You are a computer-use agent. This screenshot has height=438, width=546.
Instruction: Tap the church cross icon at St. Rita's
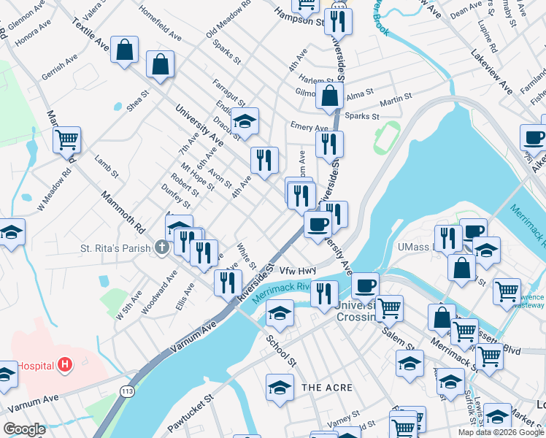coord(162,248)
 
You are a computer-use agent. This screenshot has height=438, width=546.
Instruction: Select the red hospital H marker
coord(65,364)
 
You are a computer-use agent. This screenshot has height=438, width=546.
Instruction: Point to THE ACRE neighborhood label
coord(327,388)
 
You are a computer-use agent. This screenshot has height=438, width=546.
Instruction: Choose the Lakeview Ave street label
coord(492,72)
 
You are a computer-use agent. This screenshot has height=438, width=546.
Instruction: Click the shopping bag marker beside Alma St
coord(330,94)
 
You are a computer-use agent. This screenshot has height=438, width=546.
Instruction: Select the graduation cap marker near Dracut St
coord(246,120)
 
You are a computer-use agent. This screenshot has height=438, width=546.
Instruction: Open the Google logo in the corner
coord(26,429)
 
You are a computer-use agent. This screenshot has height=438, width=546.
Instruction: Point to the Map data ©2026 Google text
coord(500,432)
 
